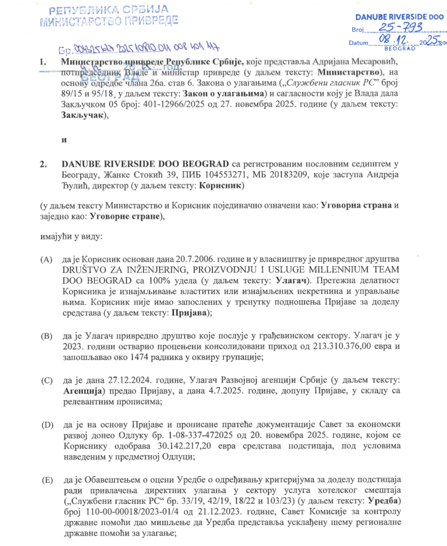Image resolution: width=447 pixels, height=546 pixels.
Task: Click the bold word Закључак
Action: coord(81,118)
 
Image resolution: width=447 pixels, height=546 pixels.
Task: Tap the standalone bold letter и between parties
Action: coord(64,140)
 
